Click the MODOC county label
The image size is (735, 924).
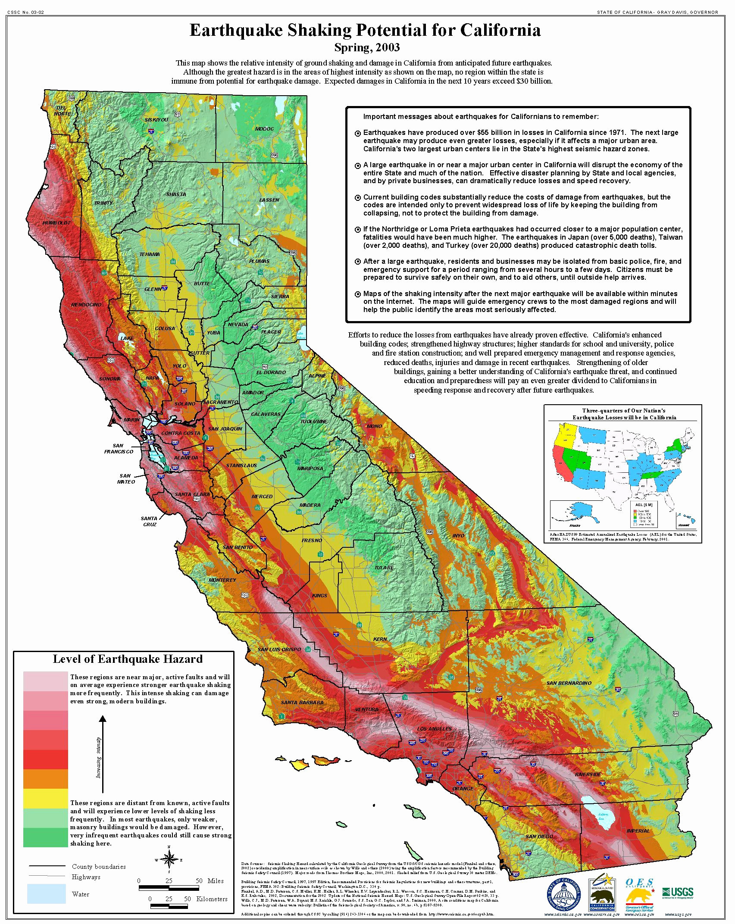coord(264,129)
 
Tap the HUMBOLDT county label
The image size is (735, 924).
coord(56,223)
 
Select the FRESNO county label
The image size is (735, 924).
coord(312,540)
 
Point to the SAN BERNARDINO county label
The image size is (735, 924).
coord(569,683)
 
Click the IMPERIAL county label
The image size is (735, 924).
coord(638,831)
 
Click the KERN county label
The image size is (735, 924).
coord(380,639)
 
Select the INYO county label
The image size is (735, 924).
coord(458,536)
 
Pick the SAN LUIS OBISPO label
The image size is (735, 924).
coord(279,649)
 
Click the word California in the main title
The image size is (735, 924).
coord(500,30)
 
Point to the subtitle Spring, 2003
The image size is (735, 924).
coord(367,47)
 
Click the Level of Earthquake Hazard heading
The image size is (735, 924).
coord(128,659)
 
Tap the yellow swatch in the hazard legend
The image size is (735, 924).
coord(45,798)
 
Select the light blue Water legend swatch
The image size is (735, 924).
coord(46,894)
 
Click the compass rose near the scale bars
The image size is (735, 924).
coord(169,860)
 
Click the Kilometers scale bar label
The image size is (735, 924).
coord(211,899)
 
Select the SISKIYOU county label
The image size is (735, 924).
coord(156,119)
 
